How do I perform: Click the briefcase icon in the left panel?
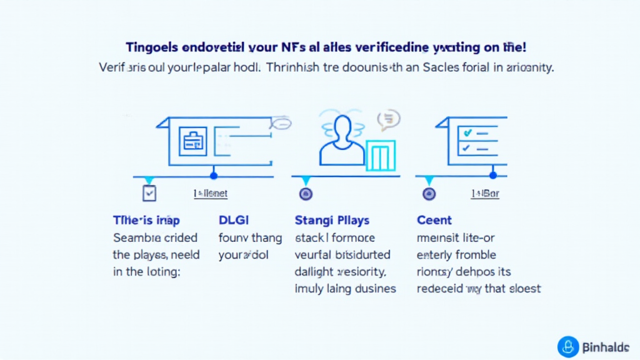tap(192, 141)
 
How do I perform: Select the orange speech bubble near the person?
tap(388, 118)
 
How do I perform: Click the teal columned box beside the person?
tap(381, 156)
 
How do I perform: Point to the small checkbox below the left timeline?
tap(149, 193)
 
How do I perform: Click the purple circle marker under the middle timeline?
tap(306, 194)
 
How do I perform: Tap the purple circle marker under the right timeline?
tap(429, 194)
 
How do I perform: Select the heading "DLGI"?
tap(233, 220)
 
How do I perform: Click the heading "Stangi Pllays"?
tap(331, 220)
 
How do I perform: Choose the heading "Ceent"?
tap(434, 220)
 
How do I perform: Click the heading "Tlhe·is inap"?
tap(146, 220)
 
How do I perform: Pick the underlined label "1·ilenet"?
tap(211, 194)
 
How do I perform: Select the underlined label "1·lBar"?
tap(486, 194)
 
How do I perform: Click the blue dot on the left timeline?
tap(214, 176)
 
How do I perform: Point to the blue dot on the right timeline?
tap(493, 176)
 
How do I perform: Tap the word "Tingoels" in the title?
tap(151, 47)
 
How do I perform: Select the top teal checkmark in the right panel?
tap(466, 133)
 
